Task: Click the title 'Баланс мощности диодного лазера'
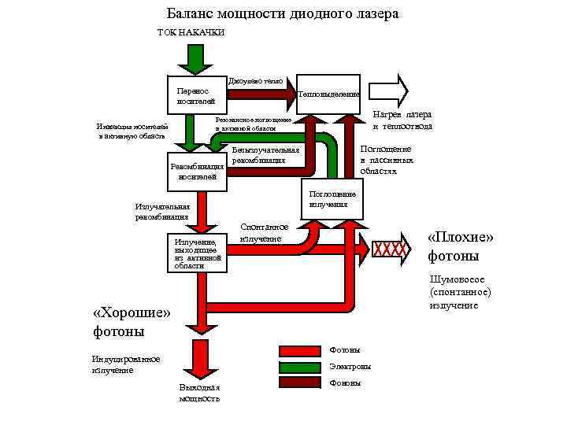(x=283, y=14)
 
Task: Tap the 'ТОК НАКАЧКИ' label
(x=192, y=31)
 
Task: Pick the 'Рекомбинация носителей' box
(x=198, y=172)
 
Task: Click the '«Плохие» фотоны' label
(x=460, y=246)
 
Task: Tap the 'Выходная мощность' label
(x=199, y=393)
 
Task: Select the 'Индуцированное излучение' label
(x=126, y=364)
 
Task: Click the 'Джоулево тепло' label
(x=255, y=81)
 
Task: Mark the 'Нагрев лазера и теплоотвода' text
(x=402, y=120)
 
